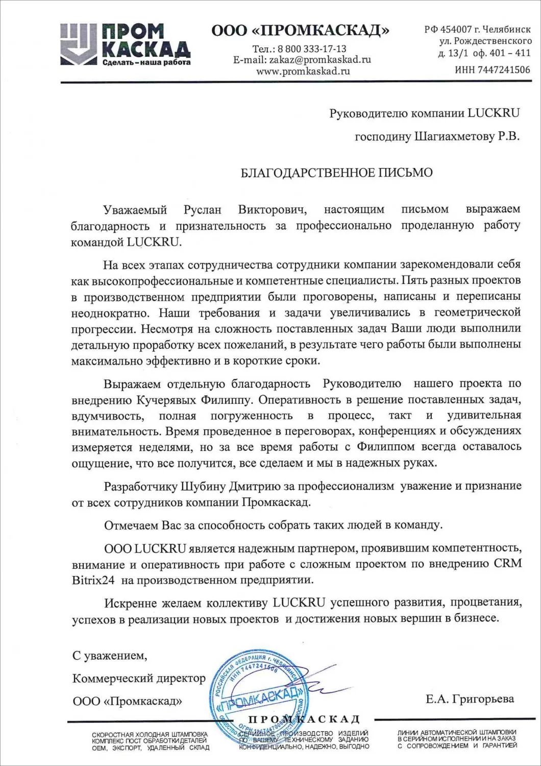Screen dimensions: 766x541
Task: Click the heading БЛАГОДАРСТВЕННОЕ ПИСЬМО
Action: (x=336, y=172)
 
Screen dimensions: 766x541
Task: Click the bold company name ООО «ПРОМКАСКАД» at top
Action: (x=300, y=31)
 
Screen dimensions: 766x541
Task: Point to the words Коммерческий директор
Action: (x=139, y=678)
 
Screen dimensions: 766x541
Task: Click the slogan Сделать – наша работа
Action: (x=146, y=63)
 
